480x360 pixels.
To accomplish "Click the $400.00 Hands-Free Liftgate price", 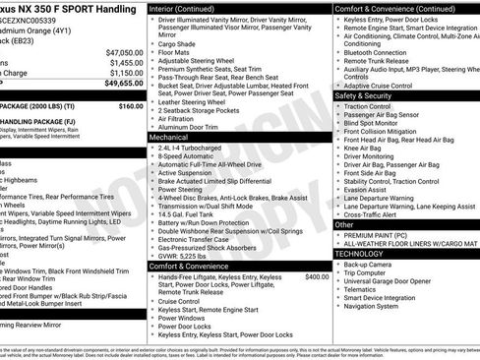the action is point(317,250).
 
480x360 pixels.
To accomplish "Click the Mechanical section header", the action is point(168,139).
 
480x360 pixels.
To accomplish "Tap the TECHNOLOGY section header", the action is point(360,254).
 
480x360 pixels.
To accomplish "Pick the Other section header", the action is point(344,224).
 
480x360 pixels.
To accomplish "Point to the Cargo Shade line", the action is point(179,44).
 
